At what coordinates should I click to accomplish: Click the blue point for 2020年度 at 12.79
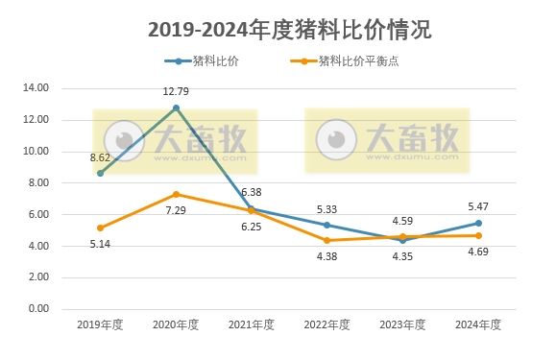tap(176, 108)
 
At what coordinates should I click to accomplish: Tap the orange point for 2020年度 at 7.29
tap(176, 194)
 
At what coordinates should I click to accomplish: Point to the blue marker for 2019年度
tap(100, 173)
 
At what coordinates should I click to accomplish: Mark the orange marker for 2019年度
tap(100, 228)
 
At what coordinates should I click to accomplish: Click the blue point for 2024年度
tap(478, 223)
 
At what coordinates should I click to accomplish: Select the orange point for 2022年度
tap(326, 240)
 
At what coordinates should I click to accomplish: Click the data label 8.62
tap(100, 156)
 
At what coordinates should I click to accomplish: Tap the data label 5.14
tap(100, 246)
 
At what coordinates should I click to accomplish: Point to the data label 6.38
tap(252, 192)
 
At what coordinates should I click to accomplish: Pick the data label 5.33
tap(326, 209)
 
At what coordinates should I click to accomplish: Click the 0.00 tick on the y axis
tap(37, 309)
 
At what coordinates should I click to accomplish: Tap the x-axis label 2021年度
tap(252, 324)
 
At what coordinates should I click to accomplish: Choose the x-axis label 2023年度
tap(402, 324)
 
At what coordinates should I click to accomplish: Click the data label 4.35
tap(402, 256)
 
